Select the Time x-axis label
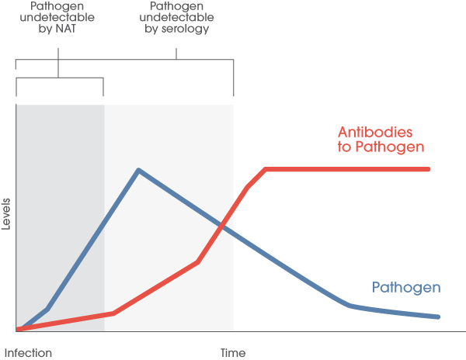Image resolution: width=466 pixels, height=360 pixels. point(233,352)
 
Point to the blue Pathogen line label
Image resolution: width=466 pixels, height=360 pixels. point(406,288)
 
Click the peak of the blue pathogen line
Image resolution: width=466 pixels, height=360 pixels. point(138,169)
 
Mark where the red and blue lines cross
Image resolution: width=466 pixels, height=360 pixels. point(223,226)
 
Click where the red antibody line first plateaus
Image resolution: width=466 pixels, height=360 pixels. point(266,168)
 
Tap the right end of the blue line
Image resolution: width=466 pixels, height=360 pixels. point(439,317)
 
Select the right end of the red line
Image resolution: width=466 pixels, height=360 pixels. point(429,168)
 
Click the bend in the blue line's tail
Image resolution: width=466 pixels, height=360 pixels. point(349,306)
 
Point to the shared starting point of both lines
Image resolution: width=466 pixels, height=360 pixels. point(18,330)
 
